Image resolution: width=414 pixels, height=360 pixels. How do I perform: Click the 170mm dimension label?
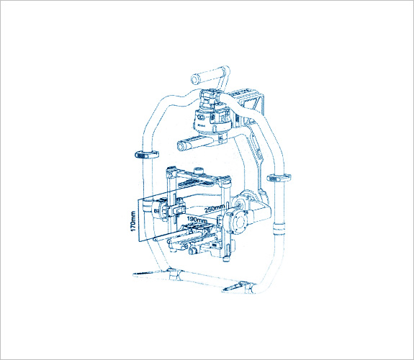[133, 221]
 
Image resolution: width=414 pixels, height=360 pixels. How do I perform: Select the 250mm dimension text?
[215, 208]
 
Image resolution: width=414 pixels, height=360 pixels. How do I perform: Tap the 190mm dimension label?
[197, 219]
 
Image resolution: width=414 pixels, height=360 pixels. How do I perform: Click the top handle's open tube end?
[195, 79]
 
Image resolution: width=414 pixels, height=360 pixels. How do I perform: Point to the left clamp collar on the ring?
[147, 155]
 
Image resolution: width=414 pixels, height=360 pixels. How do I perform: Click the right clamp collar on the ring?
[279, 178]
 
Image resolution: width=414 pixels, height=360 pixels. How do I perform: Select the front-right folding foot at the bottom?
[234, 287]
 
